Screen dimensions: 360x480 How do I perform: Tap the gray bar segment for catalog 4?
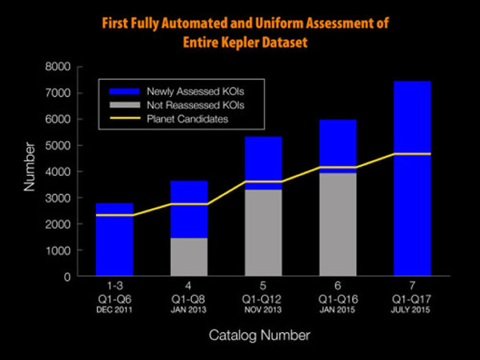(x=189, y=257)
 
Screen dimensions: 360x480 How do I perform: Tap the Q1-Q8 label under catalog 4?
(x=189, y=297)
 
